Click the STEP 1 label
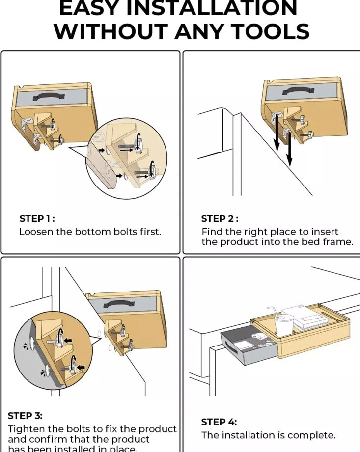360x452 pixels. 37,218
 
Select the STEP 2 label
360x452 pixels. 220,218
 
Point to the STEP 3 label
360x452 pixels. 25,415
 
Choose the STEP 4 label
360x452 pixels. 219,422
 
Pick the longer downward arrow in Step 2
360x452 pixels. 289,147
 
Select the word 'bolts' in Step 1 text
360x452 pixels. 122,232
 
